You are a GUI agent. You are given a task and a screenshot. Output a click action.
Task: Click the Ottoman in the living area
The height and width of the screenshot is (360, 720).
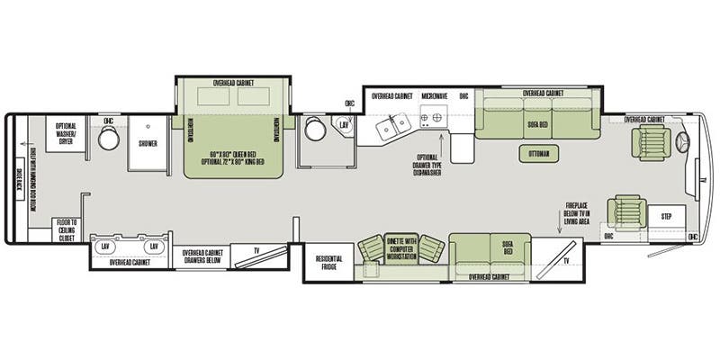coord(539,154)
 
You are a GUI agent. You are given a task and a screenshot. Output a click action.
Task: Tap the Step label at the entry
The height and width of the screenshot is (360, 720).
coord(666,217)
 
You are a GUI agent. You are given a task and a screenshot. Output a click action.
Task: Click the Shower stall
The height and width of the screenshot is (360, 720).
coord(147,142)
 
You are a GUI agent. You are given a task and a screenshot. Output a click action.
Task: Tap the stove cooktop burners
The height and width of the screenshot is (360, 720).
coord(431,118)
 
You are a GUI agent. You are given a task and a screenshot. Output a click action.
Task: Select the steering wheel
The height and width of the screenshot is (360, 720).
coord(680,141)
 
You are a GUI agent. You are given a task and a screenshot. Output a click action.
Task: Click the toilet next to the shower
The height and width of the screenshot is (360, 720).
coord(109,139)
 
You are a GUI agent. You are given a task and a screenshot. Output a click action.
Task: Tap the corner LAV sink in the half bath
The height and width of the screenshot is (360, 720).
coord(344,127)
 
